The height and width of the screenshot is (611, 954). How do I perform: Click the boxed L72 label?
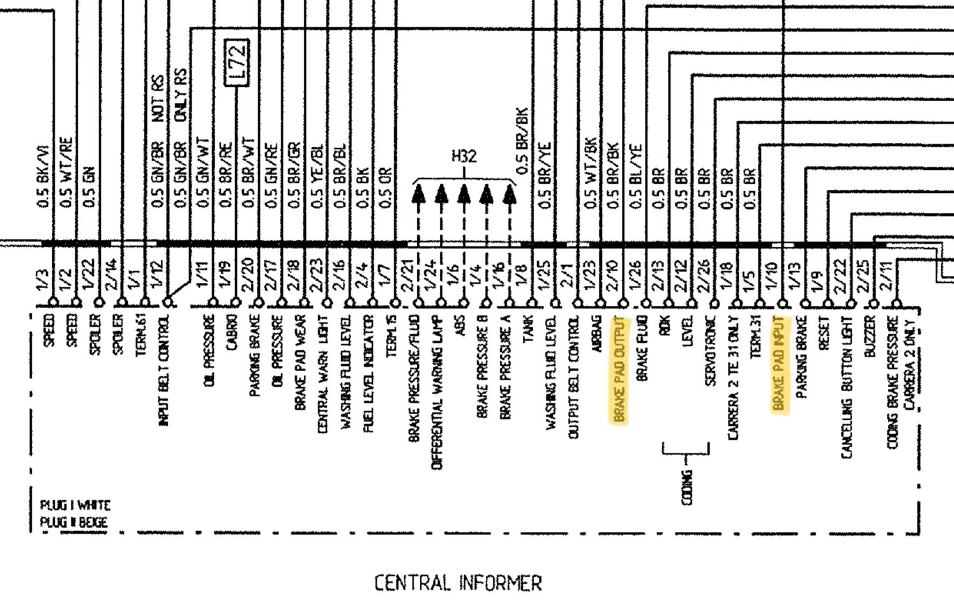tap(237, 63)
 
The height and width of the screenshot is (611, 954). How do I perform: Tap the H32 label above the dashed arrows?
tap(464, 156)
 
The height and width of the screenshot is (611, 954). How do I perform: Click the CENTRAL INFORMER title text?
tap(458, 583)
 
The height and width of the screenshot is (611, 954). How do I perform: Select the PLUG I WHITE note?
tap(75, 505)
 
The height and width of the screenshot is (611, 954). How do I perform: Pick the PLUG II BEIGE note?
tap(74, 522)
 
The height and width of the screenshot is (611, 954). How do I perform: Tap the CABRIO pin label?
tap(233, 332)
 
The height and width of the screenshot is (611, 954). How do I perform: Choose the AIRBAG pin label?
tap(597, 334)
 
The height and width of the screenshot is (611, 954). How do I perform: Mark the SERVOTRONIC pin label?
tap(711, 351)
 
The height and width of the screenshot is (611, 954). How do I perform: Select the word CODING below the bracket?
tap(687, 488)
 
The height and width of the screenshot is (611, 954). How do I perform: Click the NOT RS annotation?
tap(158, 99)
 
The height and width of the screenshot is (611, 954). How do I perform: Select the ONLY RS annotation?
tap(181, 95)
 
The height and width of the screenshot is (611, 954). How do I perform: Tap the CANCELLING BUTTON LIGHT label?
tap(847, 387)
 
